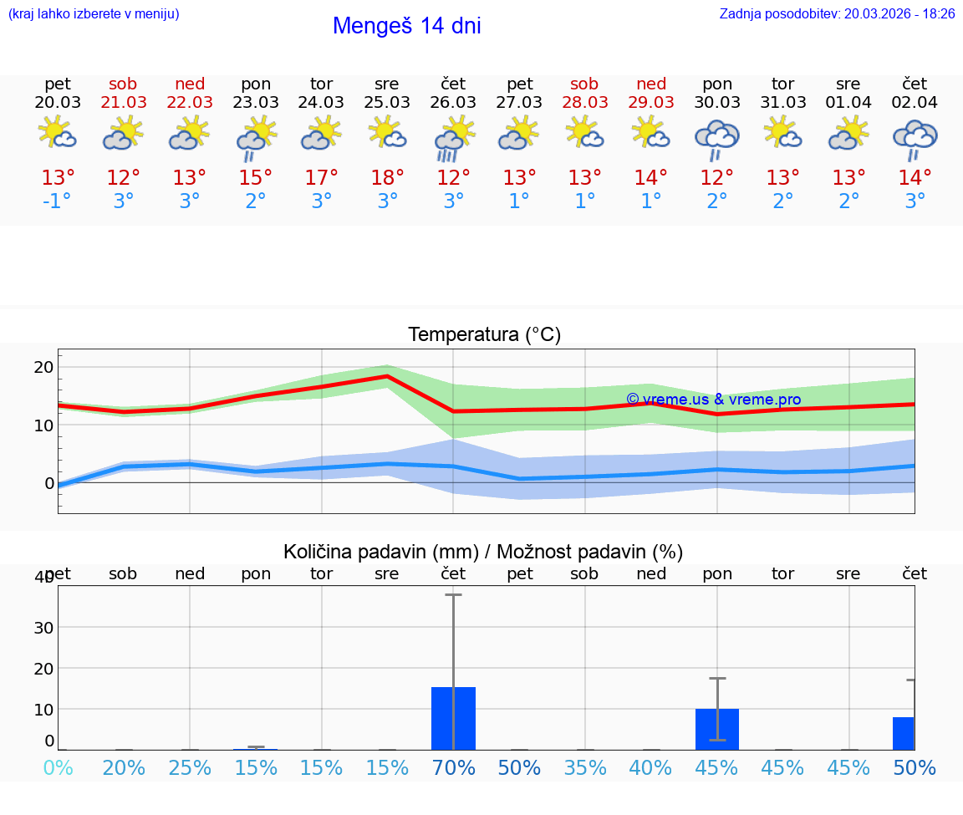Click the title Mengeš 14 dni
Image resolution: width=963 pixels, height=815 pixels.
pos(406,26)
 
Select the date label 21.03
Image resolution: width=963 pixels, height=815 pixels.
pos(124,102)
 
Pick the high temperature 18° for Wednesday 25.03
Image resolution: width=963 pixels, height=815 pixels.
pos(387,177)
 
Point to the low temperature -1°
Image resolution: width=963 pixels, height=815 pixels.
pos(58,201)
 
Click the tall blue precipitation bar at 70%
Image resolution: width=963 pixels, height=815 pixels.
pos(453,718)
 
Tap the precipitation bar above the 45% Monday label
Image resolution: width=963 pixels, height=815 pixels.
pos(716,729)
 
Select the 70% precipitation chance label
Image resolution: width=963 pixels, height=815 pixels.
pos(453,767)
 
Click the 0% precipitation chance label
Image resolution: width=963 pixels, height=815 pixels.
pos(58,767)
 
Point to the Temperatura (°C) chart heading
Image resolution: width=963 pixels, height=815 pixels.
pos(484,335)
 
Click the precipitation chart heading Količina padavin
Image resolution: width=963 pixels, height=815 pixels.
pos(483,552)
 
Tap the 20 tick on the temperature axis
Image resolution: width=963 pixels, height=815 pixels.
pos(43,367)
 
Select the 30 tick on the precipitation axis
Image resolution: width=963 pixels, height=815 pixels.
pos(43,627)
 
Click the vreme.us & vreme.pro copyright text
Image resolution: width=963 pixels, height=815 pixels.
pos(713,400)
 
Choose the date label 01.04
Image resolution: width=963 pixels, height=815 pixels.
pos(848,102)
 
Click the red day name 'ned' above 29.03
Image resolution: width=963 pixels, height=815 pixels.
pos(651,84)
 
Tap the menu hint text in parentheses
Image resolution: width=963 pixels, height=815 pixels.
pos(94,13)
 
